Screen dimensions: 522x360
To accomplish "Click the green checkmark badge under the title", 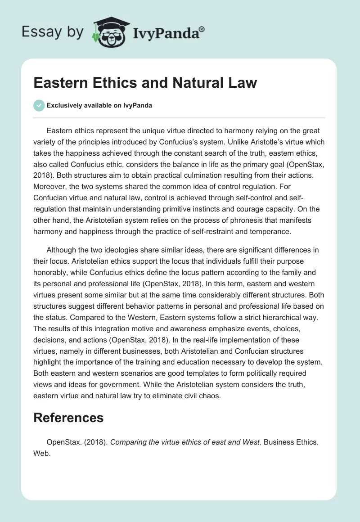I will pyautogui.click(x=39, y=105).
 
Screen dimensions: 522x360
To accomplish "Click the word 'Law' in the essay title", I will pyautogui.click(x=242, y=83).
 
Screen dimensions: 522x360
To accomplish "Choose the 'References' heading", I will pyautogui.click(x=68, y=417).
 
